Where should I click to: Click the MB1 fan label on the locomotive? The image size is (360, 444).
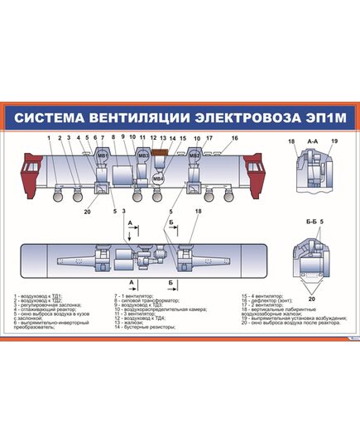click(103, 155)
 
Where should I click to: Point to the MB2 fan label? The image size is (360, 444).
click(194, 155)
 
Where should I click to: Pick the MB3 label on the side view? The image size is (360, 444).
click(143, 155)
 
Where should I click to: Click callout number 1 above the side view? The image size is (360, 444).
click(49, 137)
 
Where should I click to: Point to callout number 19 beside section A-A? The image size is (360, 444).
click(335, 142)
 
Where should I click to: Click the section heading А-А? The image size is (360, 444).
click(313, 142)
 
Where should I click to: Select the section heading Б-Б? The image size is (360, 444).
click(311, 222)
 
